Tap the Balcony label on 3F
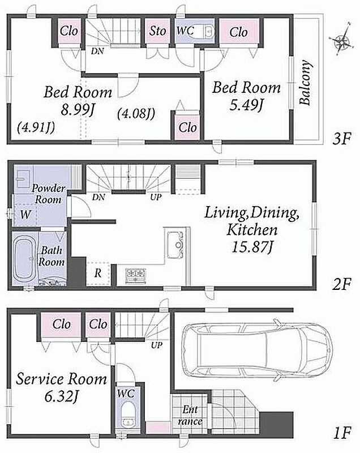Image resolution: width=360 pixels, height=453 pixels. [306, 83]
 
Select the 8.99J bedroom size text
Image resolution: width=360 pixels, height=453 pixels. [78, 109]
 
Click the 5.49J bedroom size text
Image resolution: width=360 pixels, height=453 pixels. [246, 105]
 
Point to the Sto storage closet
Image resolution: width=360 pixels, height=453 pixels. [157, 31]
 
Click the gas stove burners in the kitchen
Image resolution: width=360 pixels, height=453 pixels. [136, 276]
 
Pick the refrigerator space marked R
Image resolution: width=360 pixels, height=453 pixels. [98, 273]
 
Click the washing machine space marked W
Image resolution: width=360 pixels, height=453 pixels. [25, 215]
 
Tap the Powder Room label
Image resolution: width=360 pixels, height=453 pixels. [48, 194]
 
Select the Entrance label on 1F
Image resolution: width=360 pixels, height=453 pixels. [190, 415]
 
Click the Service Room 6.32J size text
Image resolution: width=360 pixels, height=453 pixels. [61, 397]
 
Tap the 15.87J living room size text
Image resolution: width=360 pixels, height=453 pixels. [252, 247]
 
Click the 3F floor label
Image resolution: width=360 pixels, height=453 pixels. [342, 139]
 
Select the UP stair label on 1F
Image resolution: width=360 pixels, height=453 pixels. [156, 345]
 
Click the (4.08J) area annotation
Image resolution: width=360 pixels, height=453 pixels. [136, 114]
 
